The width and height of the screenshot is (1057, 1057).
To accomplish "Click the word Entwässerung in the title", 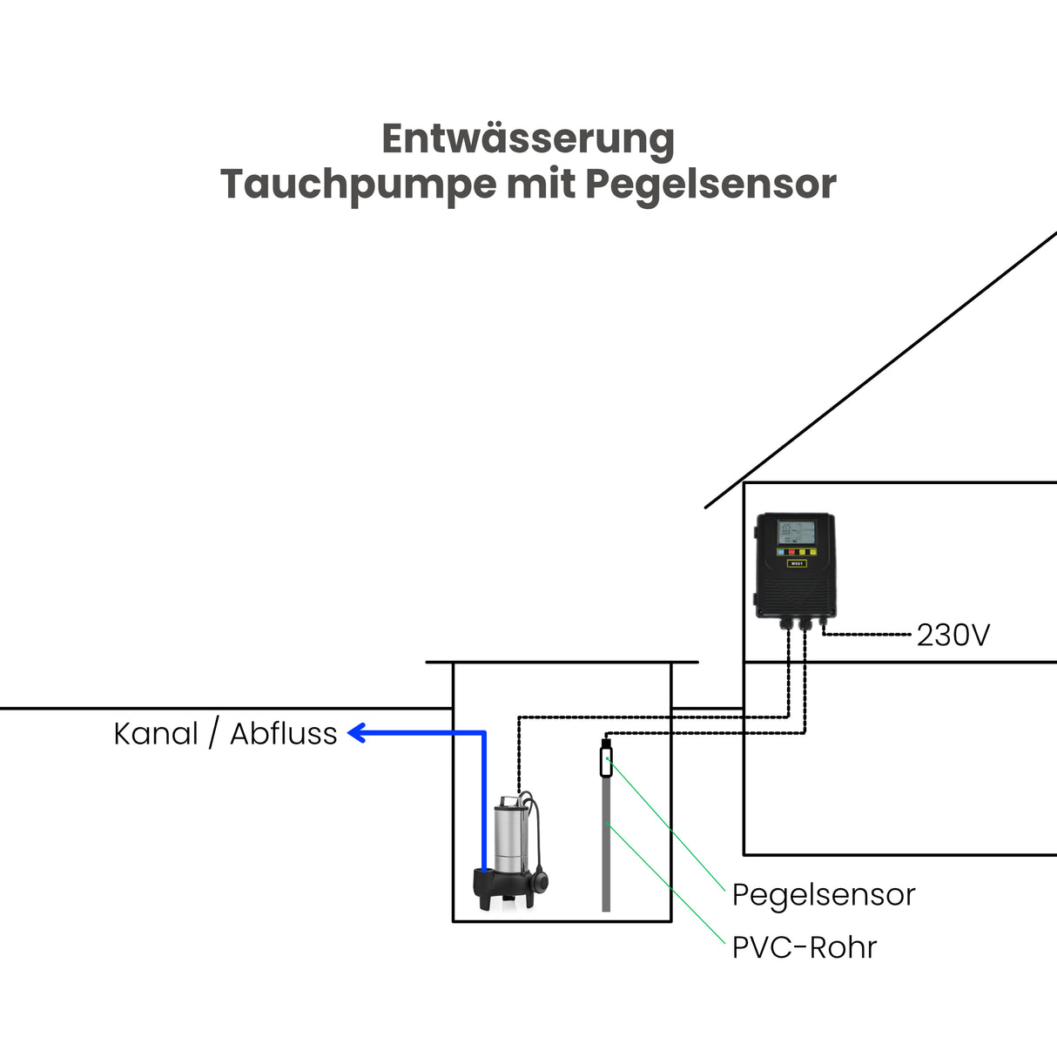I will [528, 139].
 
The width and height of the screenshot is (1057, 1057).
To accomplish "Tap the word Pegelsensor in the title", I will [710, 185].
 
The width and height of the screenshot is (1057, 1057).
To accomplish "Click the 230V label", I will [953, 636].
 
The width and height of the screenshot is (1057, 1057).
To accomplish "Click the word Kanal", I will [156, 734].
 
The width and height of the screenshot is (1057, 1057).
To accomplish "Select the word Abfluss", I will [283, 734].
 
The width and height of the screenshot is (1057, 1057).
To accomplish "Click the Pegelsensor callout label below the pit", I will [823, 895].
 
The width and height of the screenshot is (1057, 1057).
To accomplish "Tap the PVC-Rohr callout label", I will [804, 947].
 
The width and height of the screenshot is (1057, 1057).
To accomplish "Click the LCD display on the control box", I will [797, 532].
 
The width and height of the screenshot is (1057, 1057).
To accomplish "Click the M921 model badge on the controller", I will [796, 563].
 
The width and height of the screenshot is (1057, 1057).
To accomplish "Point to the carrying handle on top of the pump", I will [508, 798].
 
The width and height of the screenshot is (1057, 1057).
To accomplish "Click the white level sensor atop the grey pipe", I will [606, 762].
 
